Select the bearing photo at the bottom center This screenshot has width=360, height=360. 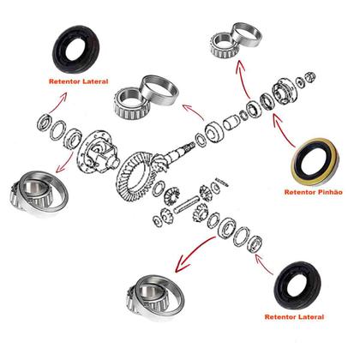coord(154,291)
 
